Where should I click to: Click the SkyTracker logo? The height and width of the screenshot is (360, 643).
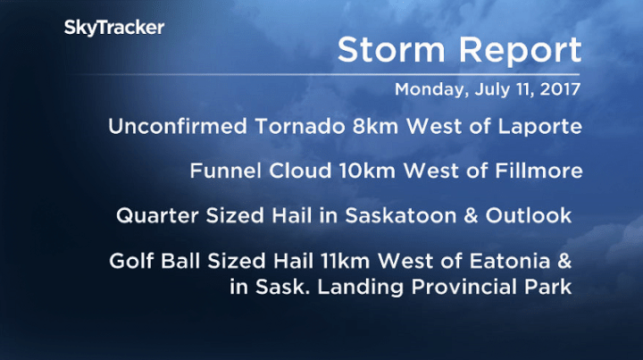click(x=113, y=28)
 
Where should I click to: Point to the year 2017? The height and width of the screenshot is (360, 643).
click(x=559, y=90)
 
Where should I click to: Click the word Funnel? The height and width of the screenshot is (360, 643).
click(x=221, y=171)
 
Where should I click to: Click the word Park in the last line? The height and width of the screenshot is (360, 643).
click(x=549, y=287)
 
